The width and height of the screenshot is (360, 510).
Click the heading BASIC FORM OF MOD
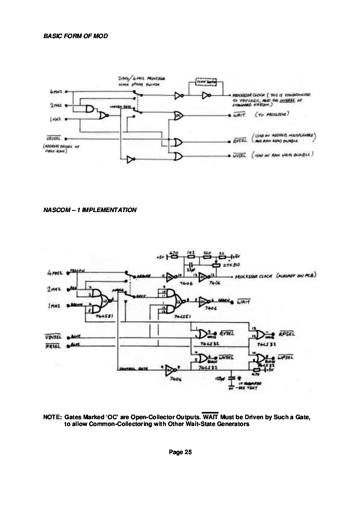pos(75,36)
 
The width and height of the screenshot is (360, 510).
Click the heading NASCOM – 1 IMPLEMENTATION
pos(89,210)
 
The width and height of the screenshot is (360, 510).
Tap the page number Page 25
pos(180,452)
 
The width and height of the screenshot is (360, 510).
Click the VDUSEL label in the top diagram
pos(54,138)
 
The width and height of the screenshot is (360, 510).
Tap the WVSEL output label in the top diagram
pos(239,156)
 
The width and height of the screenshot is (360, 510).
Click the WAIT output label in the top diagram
pos(239,115)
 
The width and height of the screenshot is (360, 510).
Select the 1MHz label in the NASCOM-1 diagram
pos(54,306)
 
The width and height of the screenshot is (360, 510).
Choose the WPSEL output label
pos(286,357)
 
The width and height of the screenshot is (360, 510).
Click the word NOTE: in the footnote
pos(52,417)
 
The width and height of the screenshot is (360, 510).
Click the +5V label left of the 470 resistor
pos(161,257)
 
